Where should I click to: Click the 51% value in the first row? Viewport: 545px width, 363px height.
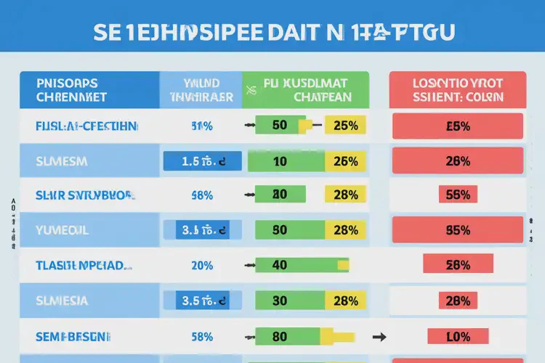201,126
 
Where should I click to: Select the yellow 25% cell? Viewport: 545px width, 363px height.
345,126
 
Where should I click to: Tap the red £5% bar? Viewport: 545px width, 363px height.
457,126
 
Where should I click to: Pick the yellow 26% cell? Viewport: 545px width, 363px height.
345,161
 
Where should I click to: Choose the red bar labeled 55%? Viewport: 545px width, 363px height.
457,195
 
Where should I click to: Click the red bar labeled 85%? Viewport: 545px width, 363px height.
457,230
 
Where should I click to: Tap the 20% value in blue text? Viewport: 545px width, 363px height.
201,265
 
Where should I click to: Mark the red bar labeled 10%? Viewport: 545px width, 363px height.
457,336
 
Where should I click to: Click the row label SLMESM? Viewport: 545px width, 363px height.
62,161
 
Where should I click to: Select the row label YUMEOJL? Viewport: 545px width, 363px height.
61,230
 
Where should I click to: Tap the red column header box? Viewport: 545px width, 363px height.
457,89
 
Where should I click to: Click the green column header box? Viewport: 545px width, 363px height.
306,89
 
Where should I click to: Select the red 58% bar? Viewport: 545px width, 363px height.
458,265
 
